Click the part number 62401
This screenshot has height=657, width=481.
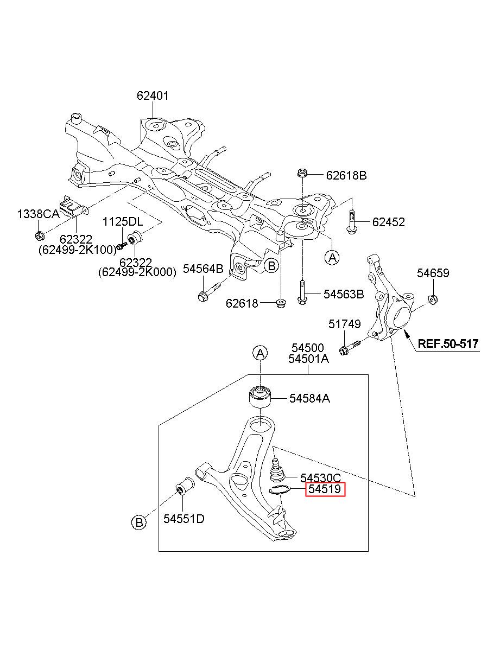point(153,96)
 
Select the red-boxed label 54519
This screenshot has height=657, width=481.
point(325,489)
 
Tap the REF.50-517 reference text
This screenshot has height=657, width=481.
point(447,343)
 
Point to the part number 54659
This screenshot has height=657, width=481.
point(433,273)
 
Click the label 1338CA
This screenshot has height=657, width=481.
point(38,214)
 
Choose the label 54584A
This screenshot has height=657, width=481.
point(309,398)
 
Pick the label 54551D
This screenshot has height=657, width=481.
point(183,519)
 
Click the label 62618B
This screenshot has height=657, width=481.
point(346,175)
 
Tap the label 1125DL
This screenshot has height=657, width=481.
point(123,222)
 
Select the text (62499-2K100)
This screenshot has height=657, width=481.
point(78,250)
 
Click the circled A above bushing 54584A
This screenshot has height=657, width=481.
point(261,353)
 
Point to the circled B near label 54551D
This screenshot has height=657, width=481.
point(139,522)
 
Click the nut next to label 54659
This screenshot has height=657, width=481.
point(433,300)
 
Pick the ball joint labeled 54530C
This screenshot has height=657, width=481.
point(276,470)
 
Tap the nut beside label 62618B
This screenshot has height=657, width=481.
point(302,173)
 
